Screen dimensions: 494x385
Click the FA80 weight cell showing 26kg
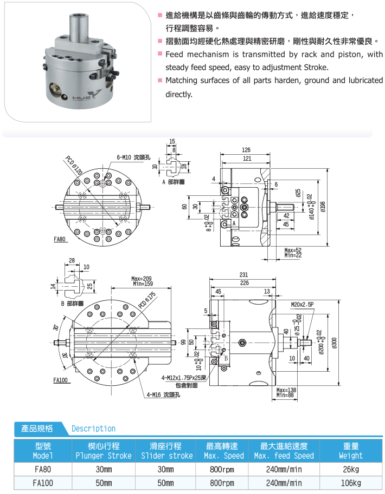click(x=350, y=470)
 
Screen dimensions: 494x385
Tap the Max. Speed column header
click(x=225, y=451)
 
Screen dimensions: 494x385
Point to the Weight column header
click(x=350, y=451)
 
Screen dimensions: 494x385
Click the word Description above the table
click(x=94, y=429)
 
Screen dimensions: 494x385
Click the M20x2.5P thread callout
click(x=301, y=305)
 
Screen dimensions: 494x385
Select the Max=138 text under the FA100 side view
click(x=286, y=390)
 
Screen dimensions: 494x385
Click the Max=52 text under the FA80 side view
click(x=293, y=250)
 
